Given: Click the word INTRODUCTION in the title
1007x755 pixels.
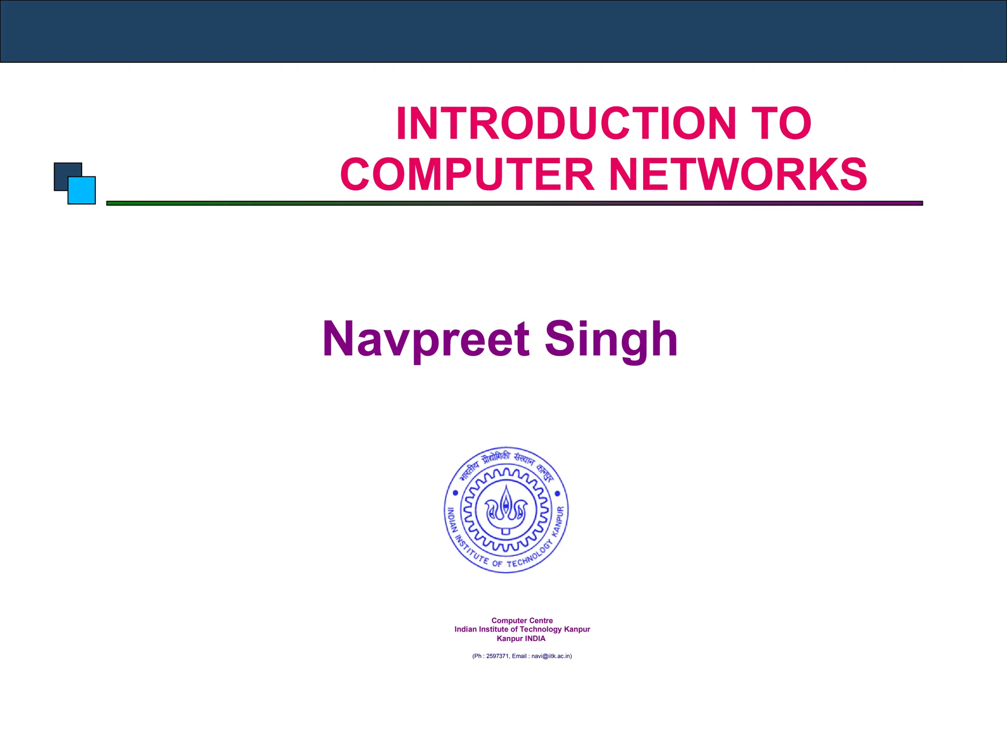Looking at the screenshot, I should [x=565, y=123].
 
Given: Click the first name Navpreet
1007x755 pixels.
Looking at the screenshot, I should [x=426, y=339].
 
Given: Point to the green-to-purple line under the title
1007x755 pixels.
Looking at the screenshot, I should [x=514, y=203].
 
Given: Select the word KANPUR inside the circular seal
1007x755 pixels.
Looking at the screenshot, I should [x=560, y=521].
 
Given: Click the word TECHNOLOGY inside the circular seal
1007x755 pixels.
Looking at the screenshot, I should [x=531, y=557].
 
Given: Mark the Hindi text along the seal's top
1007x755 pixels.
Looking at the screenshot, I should [x=506, y=460].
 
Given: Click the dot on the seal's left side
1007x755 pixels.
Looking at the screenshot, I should [x=455, y=493].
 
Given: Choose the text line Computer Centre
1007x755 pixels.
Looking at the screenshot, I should [x=522, y=621].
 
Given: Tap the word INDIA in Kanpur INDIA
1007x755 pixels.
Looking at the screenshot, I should [x=535, y=639].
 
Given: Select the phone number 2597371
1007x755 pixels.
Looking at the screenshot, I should [x=497, y=656].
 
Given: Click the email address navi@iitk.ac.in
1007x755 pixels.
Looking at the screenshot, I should [x=551, y=656].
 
